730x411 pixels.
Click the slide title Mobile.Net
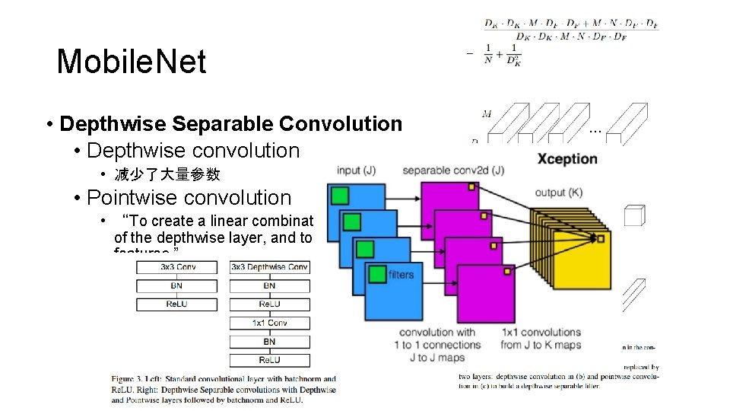(132, 62)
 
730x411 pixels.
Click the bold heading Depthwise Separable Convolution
(230, 124)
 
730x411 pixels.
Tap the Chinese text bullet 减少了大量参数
(167, 174)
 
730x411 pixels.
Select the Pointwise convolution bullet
(189, 198)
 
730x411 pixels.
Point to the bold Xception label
(567, 159)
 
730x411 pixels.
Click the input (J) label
(357, 170)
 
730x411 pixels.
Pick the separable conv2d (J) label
(453, 170)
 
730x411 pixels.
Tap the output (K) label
(559, 192)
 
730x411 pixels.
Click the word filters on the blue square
(401, 275)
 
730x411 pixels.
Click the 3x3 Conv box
(176, 267)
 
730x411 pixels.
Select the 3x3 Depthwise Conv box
(270, 267)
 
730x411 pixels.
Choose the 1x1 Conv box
(270, 323)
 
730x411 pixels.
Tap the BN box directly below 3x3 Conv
(176, 286)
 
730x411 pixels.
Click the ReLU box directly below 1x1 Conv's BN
(270, 359)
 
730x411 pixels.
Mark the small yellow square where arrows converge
(600, 239)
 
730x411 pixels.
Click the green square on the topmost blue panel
(340, 196)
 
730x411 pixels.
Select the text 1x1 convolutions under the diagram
(541, 333)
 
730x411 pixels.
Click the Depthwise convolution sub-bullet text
(193, 151)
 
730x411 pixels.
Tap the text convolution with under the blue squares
(437, 333)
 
